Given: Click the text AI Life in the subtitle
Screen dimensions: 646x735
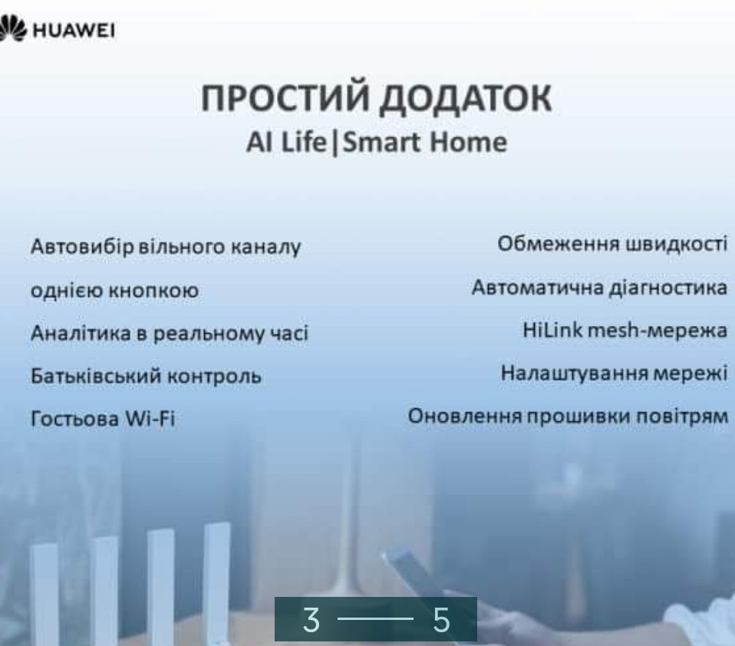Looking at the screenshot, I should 285,143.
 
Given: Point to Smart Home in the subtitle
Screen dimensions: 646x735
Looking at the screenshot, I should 425,143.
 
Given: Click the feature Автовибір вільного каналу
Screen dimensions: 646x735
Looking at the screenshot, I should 164,248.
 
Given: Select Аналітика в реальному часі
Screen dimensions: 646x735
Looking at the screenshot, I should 169,335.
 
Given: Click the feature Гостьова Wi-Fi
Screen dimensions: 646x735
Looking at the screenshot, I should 103,420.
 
